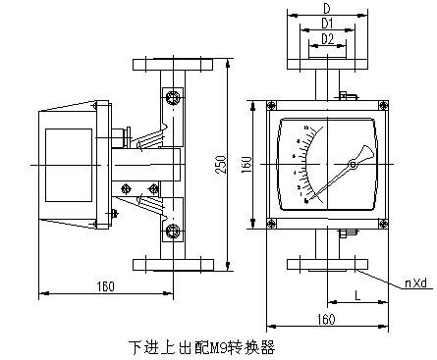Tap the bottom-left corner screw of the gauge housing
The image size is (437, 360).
click(x=270, y=223)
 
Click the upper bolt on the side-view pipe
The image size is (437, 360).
click(x=174, y=95)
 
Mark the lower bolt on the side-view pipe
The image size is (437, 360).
click(x=174, y=231)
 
